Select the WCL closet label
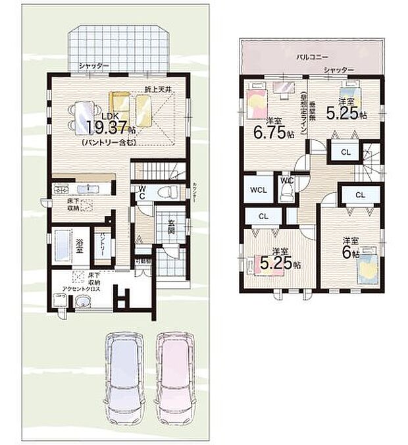point(257,190)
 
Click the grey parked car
point(126,373)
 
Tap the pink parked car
point(176,373)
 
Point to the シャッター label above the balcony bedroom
point(339,70)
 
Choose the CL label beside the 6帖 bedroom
point(360,196)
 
